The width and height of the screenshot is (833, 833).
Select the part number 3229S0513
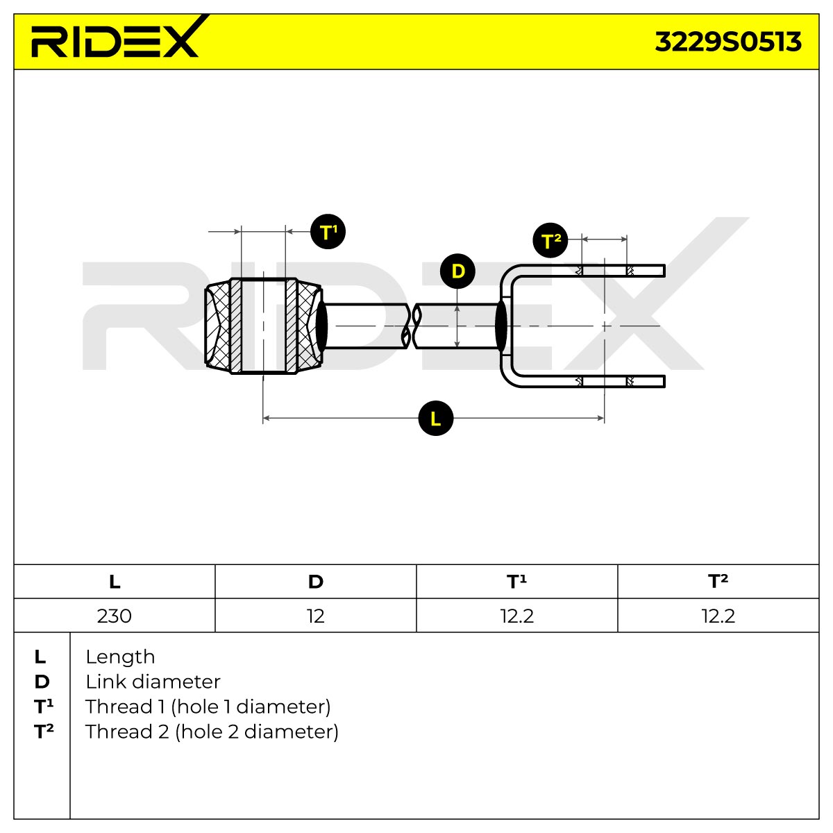pyautogui.click(x=728, y=42)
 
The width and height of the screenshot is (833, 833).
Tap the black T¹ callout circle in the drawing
pyautogui.click(x=328, y=232)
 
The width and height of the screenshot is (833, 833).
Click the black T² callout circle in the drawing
pyautogui.click(x=550, y=240)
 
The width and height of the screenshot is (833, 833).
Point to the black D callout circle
pyautogui.click(x=457, y=271)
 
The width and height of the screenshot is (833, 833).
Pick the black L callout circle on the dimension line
pyautogui.click(x=436, y=418)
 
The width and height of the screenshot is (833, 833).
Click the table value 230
pyautogui.click(x=114, y=616)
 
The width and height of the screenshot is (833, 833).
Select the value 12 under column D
pyautogui.click(x=316, y=616)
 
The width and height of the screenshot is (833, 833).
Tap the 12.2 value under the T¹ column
pyautogui.click(x=517, y=616)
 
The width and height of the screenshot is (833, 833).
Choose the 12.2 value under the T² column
pyautogui.click(x=718, y=616)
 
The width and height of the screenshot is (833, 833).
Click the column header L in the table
pyautogui.click(x=115, y=582)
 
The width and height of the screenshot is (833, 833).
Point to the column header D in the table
pyautogui.click(x=316, y=582)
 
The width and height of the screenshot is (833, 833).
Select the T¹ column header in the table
pyautogui.click(x=516, y=582)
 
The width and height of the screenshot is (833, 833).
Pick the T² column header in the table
pyautogui.click(x=718, y=582)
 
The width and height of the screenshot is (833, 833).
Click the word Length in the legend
pyautogui.click(x=120, y=657)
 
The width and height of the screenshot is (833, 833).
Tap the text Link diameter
pyautogui.click(x=153, y=682)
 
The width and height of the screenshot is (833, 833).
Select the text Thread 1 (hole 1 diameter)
pyautogui.click(x=208, y=707)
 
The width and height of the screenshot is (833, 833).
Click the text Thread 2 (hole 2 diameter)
pyautogui.click(x=212, y=732)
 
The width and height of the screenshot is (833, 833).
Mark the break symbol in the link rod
pyautogui.click(x=411, y=326)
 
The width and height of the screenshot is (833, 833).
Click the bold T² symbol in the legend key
pyautogui.click(x=44, y=732)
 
